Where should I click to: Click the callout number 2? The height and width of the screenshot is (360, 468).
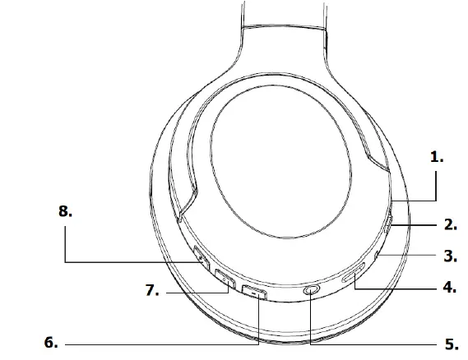pyautogui.click(x=449, y=223)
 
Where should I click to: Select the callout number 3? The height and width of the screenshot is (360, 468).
pyautogui.click(x=449, y=256)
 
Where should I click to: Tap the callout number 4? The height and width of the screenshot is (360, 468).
pyautogui.click(x=449, y=288)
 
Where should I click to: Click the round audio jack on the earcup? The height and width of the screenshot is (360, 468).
pyautogui.click(x=312, y=291)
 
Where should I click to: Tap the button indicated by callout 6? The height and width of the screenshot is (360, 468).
pyautogui.click(x=255, y=292)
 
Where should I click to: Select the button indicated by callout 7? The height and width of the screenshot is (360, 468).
pyautogui.click(x=225, y=280)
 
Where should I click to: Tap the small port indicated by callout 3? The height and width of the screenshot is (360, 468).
pyautogui.click(x=377, y=258)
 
